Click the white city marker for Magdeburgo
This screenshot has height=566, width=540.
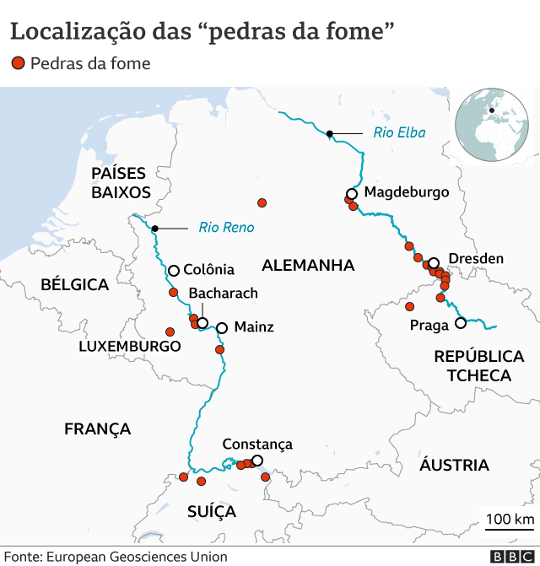[x=352, y=193]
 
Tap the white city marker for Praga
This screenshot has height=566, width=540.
[x=461, y=323]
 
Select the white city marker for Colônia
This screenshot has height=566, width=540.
[x=174, y=271]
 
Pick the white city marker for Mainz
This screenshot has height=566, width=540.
[x=222, y=328]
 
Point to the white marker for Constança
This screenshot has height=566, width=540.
[x=257, y=461]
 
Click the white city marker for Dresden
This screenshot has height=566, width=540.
[x=434, y=263]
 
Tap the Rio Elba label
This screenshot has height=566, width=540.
[x=399, y=132]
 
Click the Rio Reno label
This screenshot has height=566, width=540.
[x=226, y=227]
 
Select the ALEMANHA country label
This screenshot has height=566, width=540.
[x=308, y=266]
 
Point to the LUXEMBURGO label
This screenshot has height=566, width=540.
[x=130, y=347]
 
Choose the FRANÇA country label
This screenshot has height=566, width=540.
[x=98, y=429]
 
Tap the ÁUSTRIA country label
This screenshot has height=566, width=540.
[x=454, y=465]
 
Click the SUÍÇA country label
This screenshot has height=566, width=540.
[x=212, y=512]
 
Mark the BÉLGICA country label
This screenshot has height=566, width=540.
[x=75, y=285]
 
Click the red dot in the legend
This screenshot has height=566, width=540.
[x=19, y=63]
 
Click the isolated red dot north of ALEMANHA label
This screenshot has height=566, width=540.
[x=262, y=203]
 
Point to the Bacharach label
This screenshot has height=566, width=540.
[x=224, y=293]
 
